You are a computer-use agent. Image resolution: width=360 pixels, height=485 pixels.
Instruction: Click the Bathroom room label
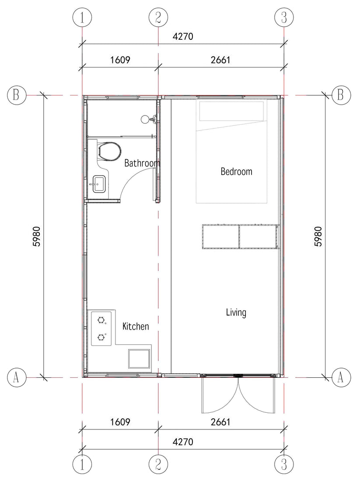142,164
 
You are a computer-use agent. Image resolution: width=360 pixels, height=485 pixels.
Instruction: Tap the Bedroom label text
236,172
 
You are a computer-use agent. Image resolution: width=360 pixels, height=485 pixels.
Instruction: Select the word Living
236,313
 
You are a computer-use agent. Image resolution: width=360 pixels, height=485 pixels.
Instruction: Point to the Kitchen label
136,327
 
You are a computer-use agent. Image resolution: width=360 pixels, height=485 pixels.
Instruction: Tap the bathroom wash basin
99,184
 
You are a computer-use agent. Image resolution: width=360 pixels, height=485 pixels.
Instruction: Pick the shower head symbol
146,119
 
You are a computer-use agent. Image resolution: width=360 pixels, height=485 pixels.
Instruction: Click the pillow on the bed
231,110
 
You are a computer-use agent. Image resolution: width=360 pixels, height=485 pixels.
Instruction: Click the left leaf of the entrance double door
219,396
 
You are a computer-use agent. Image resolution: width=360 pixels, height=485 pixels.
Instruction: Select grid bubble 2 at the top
158,18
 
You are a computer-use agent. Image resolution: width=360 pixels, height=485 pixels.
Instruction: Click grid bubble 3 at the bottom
284,463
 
